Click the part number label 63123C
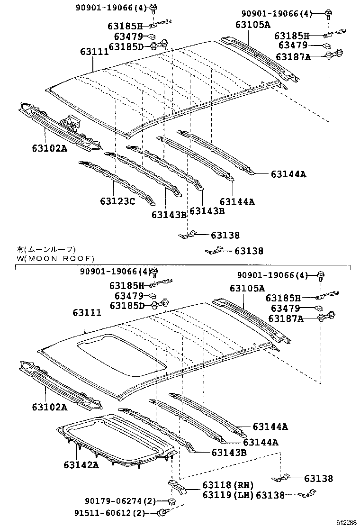[117, 201]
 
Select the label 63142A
[81, 464]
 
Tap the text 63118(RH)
[227, 485]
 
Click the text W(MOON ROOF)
[55, 258]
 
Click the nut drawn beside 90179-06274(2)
[171, 501]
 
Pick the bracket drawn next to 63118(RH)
[177, 488]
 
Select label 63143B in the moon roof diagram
[229, 453]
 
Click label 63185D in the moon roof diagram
[126, 306]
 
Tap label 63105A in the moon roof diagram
[247, 288]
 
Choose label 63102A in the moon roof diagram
[49, 407]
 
